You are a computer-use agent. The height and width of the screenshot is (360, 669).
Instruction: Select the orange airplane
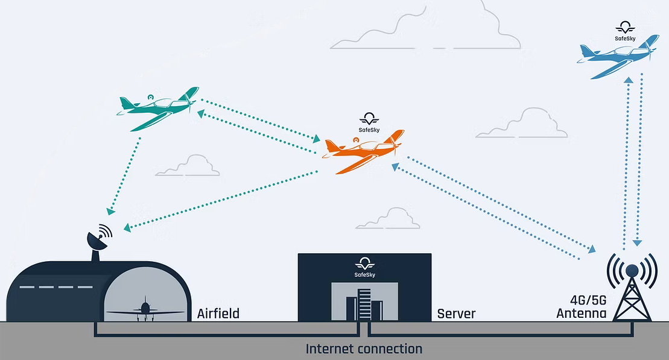[x=362, y=151]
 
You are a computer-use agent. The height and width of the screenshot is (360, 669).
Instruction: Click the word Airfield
[x=218, y=314]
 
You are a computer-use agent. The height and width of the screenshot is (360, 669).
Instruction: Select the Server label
[x=456, y=314]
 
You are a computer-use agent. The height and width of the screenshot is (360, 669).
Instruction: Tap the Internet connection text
[x=364, y=349]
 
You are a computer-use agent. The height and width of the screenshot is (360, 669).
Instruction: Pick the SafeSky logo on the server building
[x=365, y=267]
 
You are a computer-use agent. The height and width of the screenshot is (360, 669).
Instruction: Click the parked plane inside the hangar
[x=145, y=310]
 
